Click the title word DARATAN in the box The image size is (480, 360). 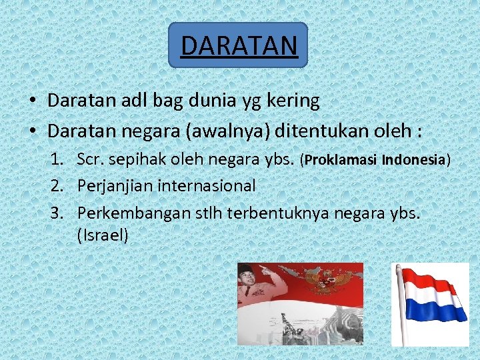tap(238, 45)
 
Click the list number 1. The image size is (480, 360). tap(59, 160)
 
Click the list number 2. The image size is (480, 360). tap(59, 186)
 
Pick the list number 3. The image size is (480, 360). tap(59, 212)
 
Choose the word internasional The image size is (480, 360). tap(206, 186)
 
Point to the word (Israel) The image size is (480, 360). tap(103, 235)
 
